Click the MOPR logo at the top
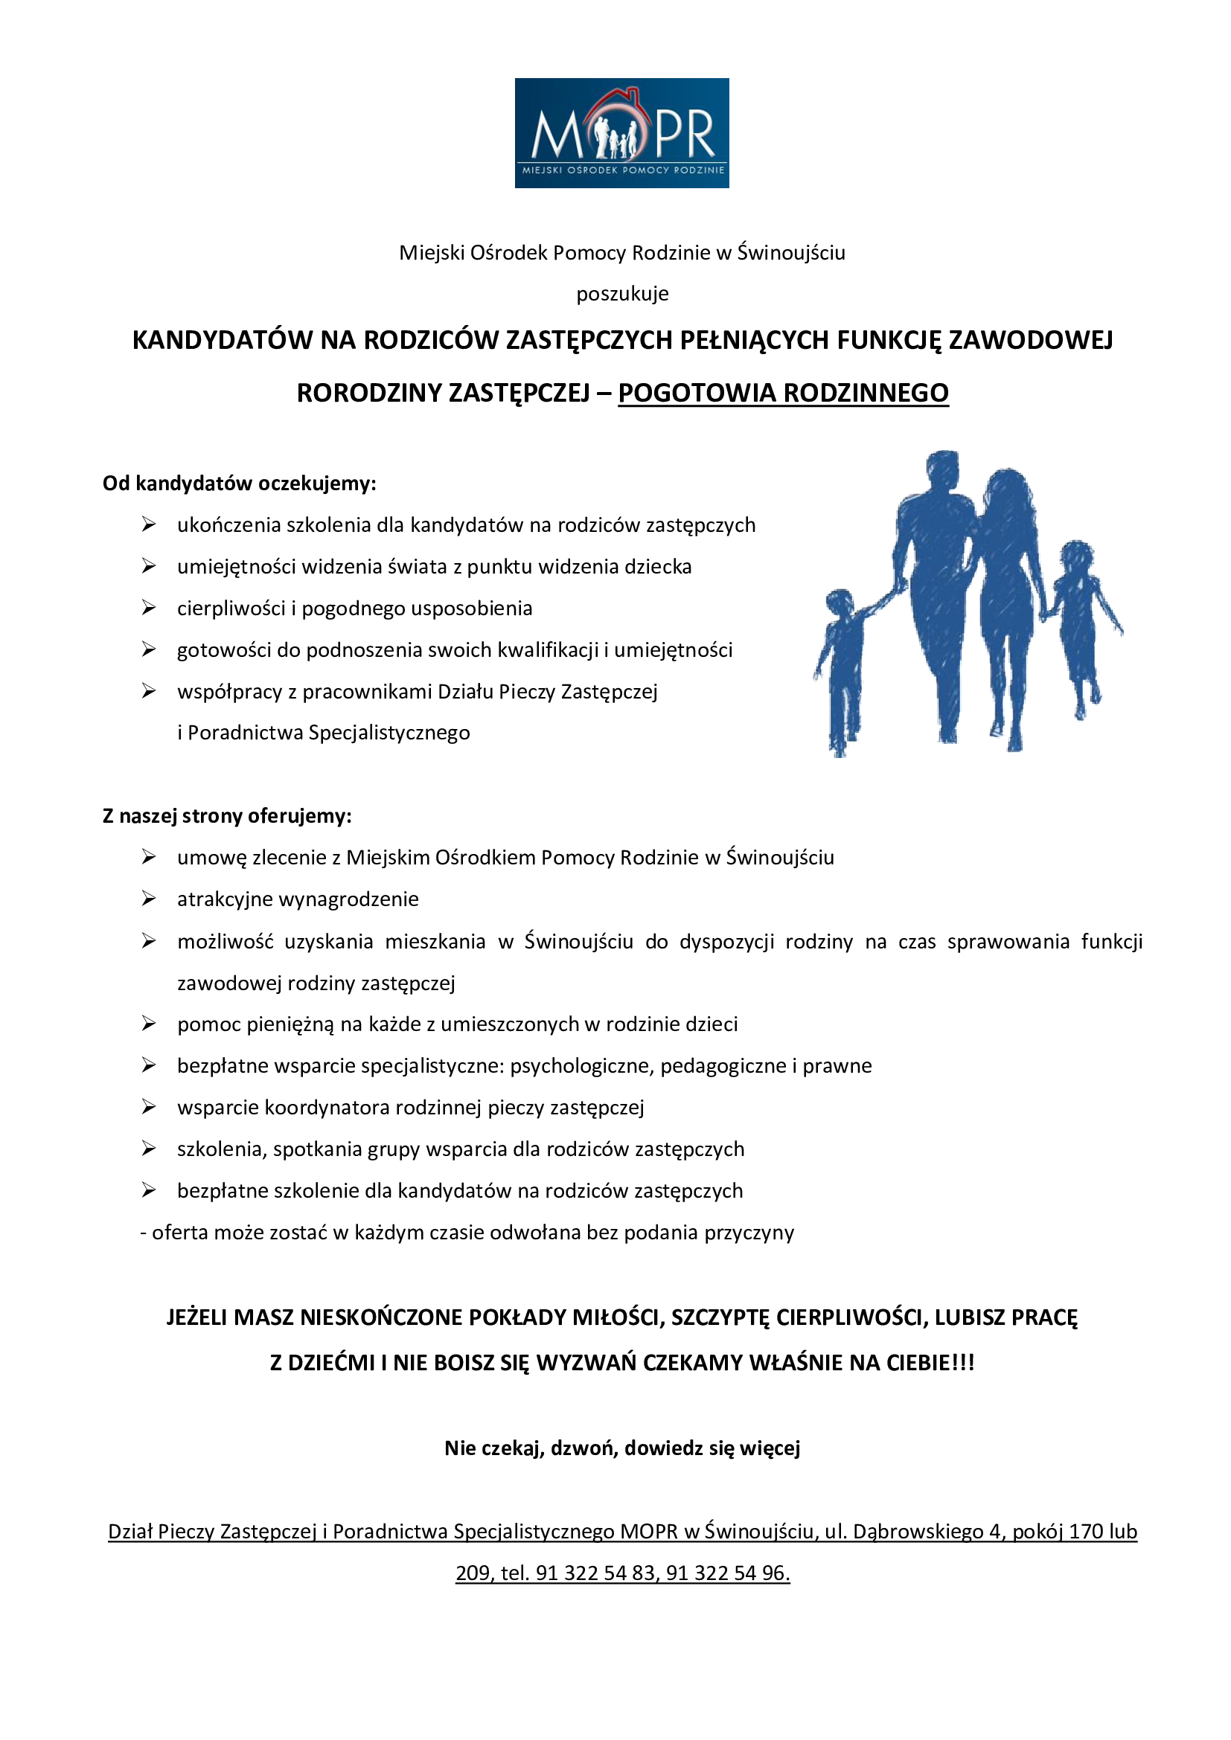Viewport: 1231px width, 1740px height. coord(621,132)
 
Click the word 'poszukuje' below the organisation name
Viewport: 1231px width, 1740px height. coord(622,293)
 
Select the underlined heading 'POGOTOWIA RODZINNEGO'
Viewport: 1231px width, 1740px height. coord(783,393)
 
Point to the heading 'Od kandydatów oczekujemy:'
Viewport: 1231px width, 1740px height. coord(240,483)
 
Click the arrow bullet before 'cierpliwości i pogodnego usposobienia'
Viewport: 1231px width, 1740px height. coord(149,608)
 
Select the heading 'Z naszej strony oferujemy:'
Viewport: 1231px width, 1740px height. coord(228,815)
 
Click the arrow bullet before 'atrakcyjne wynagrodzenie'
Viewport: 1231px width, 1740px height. coord(149,899)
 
